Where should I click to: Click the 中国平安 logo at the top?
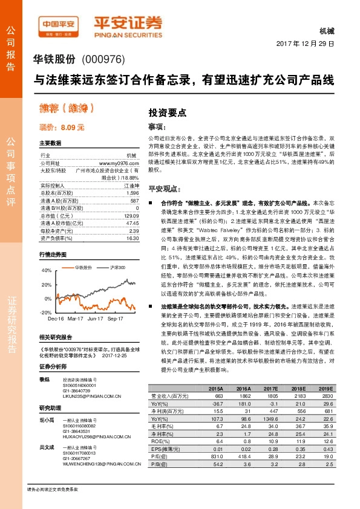point(59,24)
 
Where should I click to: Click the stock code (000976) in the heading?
point(103,59)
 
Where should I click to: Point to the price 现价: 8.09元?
point(62,128)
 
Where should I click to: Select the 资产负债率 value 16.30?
point(133,238)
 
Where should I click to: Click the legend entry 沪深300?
point(117,267)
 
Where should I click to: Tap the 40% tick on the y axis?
point(47,270)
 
